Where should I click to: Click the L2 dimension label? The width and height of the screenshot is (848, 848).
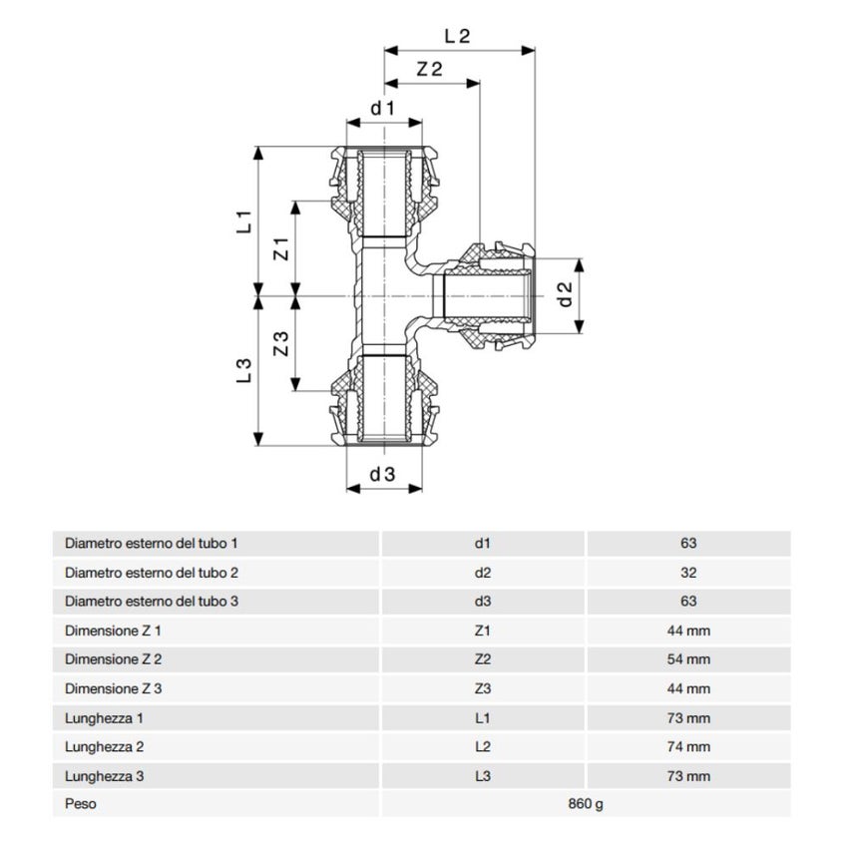[457, 35]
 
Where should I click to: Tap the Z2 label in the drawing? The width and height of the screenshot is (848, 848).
[430, 70]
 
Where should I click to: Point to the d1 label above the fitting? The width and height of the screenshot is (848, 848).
[383, 107]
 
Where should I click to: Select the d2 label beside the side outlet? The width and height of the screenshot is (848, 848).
[565, 293]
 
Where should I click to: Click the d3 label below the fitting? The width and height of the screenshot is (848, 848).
[383, 475]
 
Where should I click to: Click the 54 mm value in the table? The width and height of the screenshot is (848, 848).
[688, 659]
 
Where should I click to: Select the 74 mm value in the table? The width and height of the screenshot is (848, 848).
[688, 746]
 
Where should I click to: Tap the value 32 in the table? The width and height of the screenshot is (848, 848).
[688, 573]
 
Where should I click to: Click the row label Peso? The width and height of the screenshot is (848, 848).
[81, 804]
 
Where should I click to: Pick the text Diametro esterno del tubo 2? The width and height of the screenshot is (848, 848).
[152, 573]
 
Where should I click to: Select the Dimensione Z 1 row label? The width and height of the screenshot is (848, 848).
[113, 631]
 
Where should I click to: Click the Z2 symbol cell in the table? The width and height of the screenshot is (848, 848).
[483, 659]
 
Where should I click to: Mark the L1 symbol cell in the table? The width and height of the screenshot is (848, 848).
[483, 717]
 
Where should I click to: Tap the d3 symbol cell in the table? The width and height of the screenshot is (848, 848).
[483, 602]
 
